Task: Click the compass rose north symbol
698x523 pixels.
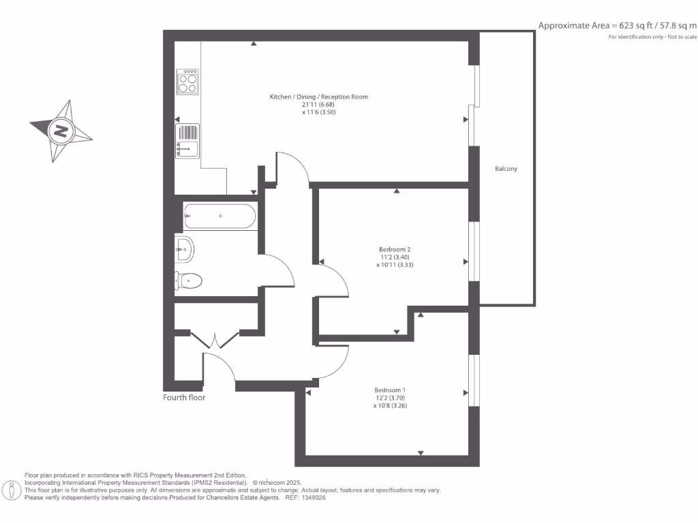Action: (x=61, y=131)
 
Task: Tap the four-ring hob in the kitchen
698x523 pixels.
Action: (x=187, y=82)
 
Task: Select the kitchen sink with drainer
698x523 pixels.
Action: (x=187, y=140)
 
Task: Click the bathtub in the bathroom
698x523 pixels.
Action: (x=219, y=217)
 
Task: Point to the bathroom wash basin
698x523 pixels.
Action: (x=184, y=249)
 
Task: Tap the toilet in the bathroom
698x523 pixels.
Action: (x=189, y=279)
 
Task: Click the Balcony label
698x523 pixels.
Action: (x=506, y=168)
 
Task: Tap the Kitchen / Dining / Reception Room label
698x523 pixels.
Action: (x=318, y=97)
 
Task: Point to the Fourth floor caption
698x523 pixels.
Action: (x=184, y=397)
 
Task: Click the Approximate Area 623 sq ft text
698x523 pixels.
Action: (x=618, y=26)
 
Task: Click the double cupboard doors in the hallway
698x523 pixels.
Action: (x=215, y=340)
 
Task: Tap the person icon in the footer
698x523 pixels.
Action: (x=12, y=490)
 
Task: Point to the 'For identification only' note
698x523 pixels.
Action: (x=652, y=36)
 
